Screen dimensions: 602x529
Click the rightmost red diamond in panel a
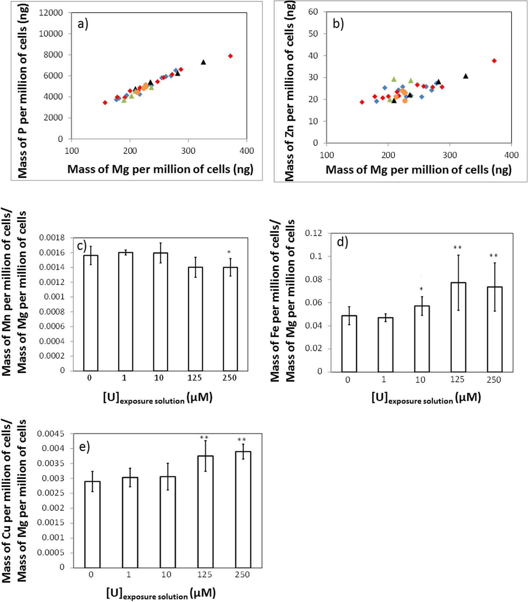(x=230, y=56)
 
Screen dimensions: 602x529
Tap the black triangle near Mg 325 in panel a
(x=203, y=62)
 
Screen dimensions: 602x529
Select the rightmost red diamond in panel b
(x=494, y=61)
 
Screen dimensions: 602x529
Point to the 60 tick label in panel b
(x=313, y=12)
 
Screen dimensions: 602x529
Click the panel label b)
(x=338, y=24)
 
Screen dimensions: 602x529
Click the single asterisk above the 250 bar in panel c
(x=229, y=252)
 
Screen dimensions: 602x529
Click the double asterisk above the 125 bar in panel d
(x=458, y=247)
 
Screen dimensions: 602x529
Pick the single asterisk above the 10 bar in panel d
(x=421, y=289)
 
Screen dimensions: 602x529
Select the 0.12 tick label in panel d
(x=313, y=233)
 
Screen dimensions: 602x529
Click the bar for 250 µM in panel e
(x=243, y=510)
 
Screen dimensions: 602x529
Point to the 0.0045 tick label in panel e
(x=51, y=434)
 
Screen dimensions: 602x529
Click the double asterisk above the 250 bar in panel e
(x=241, y=440)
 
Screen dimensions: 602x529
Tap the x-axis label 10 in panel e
(x=166, y=574)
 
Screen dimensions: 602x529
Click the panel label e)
(x=84, y=447)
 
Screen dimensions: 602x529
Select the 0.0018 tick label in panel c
(x=52, y=238)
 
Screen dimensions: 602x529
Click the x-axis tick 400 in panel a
(x=247, y=151)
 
